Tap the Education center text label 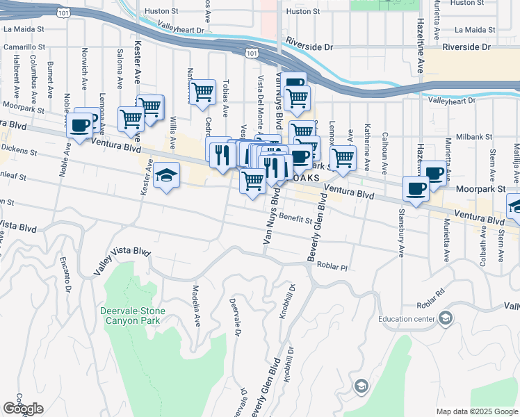(407, 320)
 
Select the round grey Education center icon (445, 319)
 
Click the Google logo (23, 409)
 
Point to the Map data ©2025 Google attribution (476, 411)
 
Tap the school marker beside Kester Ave (167, 175)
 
